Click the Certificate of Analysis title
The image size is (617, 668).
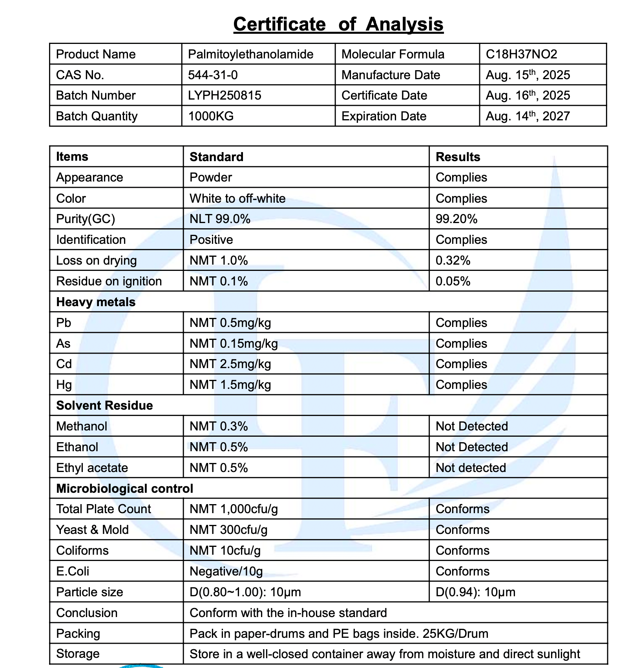(338, 24)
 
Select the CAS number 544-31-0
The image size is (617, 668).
(213, 75)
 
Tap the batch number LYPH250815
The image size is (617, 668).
(225, 95)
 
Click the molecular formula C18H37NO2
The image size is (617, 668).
(521, 54)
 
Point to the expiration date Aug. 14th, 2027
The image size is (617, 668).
(528, 116)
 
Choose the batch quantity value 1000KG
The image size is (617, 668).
(211, 116)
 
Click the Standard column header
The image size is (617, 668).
(216, 157)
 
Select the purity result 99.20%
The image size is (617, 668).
(456, 219)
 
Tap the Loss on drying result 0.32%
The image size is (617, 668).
(453, 260)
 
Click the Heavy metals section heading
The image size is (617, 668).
(96, 302)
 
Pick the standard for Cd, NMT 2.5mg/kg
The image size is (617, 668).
(230, 364)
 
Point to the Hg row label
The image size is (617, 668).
(64, 385)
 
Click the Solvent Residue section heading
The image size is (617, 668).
(104, 405)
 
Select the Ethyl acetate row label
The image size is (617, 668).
(92, 468)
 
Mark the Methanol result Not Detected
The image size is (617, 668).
(471, 426)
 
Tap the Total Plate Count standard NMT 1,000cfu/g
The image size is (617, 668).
(234, 509)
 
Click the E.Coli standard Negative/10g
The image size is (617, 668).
(226, 571)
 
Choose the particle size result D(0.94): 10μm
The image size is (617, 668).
(475, 592)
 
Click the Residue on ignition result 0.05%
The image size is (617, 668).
(453, 281)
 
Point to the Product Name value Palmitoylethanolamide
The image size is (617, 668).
(250, 54)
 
